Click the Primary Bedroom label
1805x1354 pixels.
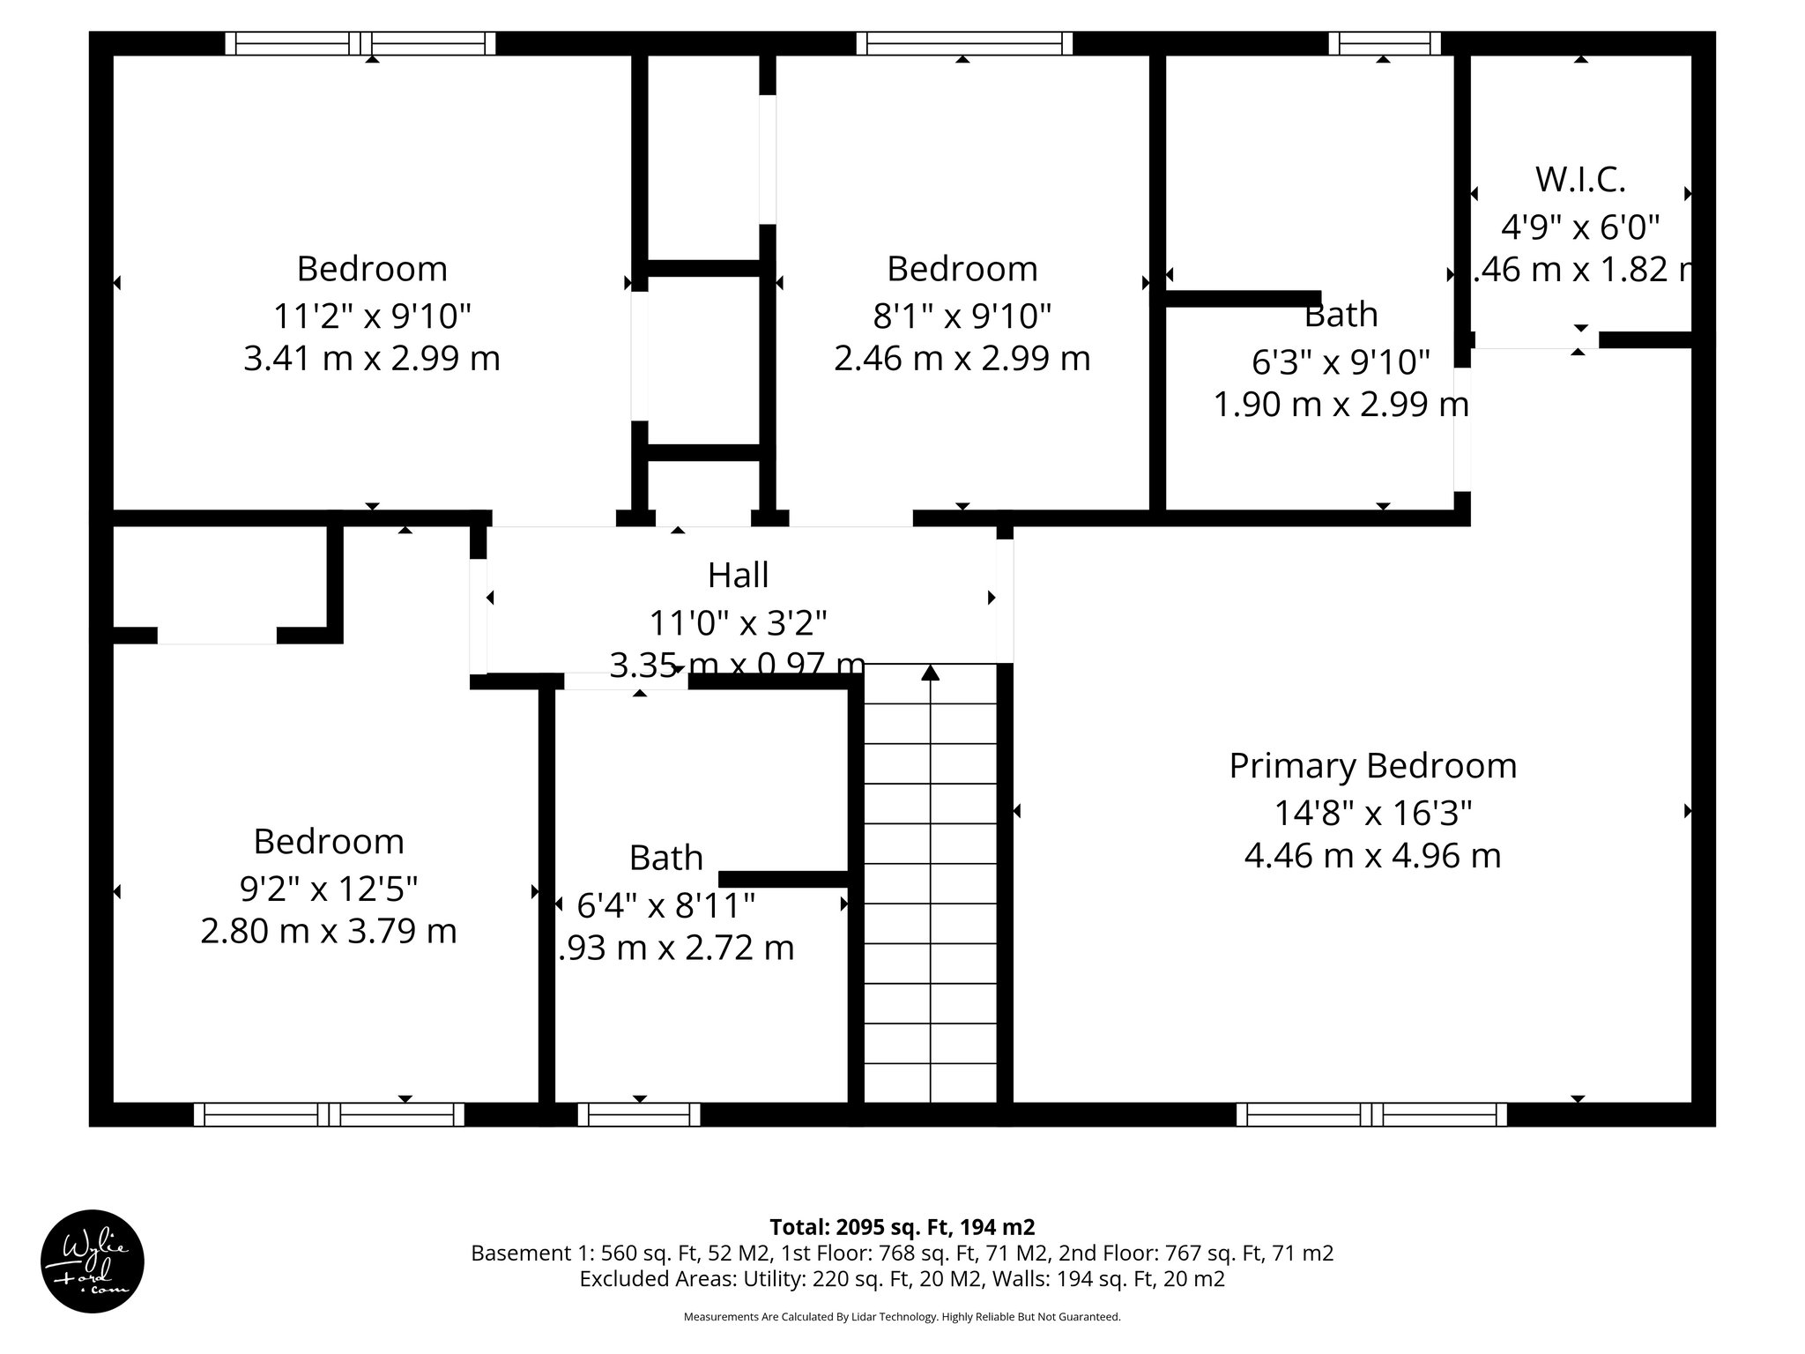(1372, 766)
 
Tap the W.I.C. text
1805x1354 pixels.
(1580, 180)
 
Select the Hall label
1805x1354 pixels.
(739, 576)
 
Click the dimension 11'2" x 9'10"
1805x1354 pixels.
(372, 315)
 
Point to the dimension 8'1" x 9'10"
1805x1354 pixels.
(962, 315)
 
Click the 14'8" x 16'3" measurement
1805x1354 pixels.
(1372, 812)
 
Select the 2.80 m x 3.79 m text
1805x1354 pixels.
(328, 931)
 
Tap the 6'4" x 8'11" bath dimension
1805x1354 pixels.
(665, 904)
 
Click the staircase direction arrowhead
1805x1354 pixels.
(931, 673)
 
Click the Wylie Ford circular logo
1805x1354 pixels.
(93, 1261)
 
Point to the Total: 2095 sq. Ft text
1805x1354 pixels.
(902, 1227)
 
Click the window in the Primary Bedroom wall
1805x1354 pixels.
(1371, 1114)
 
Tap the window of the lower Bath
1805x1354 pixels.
(640, 1114)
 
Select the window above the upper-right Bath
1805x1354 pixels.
(1384, 43)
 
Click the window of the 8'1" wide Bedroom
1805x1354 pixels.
(964, 43)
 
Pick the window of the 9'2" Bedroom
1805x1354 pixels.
(329, 1114)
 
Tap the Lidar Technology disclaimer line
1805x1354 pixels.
(902, 1317)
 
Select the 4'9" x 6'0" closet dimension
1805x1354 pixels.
(1580, 227)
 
